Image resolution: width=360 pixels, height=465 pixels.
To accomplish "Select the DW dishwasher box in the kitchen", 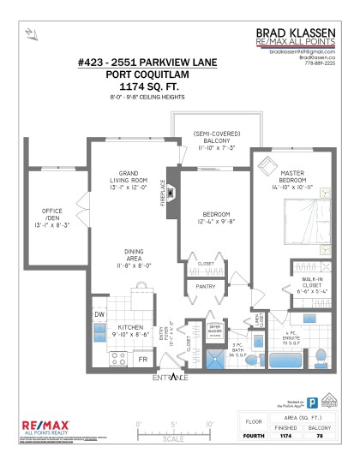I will (99, 314).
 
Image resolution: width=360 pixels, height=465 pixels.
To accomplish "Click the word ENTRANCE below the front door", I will (172, 378).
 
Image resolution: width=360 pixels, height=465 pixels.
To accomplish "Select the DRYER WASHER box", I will (214, 331).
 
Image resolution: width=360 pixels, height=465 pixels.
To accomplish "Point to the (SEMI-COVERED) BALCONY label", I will (215, 140).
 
